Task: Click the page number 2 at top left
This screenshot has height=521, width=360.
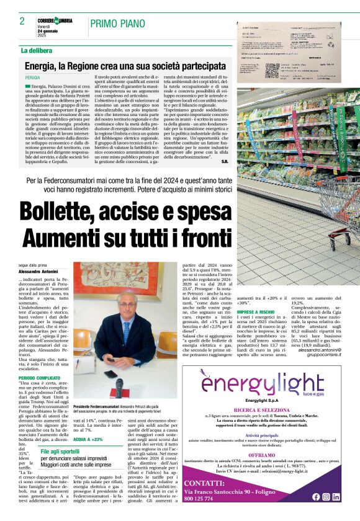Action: coord(22,21)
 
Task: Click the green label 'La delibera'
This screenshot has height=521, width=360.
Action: coord(37,50)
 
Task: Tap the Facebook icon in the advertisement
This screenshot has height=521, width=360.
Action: coord(316,497)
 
